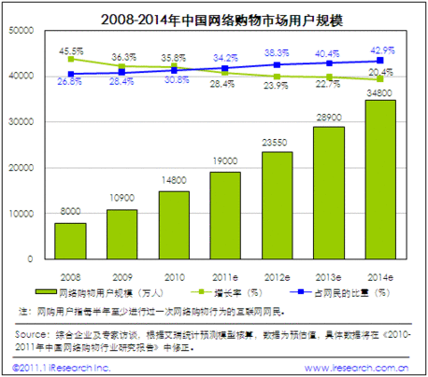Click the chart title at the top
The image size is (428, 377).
point(214,16)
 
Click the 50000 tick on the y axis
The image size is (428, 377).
point(20,31)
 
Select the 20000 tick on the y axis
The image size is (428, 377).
point(20,168)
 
